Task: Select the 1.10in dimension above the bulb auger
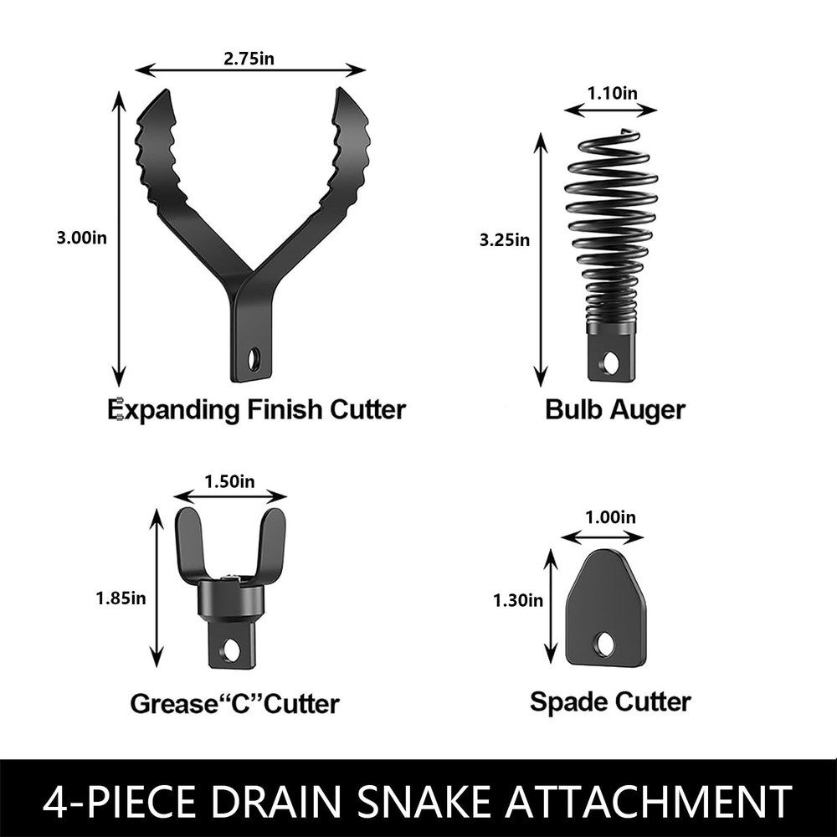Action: (x=610, y=94)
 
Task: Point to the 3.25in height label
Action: (x=505, y=240)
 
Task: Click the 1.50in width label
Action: (x=229, y=481)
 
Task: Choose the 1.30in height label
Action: (x=517, y=600)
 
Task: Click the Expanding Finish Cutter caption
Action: (x=257, y=410)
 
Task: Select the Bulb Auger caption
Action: (x=614, y=410)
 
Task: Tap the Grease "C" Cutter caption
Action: (x=234, y=703)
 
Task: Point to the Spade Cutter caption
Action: (x=610, y=701)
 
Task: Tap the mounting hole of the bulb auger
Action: (x=610, y=362)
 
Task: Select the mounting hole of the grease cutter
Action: (x=231, y=649)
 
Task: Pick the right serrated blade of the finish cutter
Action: (x=345, y=151)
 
